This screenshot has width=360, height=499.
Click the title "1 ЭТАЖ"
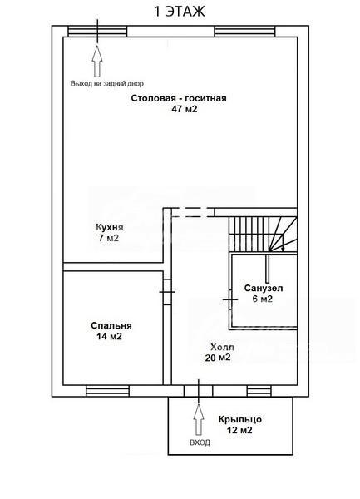click(180, 12)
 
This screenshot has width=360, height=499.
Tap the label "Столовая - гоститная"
click(179, 98)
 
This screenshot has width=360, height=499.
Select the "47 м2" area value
click(185, 109)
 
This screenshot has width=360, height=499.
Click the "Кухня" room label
click(110, 228)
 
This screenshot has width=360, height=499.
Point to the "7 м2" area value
click(109, 238)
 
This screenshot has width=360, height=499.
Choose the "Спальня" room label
click(111, 326)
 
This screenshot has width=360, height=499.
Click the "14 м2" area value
click(110, 336)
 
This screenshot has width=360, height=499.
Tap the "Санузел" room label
click(264, 289)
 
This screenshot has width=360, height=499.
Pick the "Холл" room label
click(222, 347)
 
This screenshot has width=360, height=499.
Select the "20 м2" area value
click(218, 358)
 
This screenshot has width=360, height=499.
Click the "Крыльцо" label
click(240, 420)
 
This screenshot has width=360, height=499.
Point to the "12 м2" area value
click(239, 431)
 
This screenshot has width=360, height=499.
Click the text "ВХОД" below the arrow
click(200, 442)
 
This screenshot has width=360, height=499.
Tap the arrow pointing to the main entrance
click(199, 419)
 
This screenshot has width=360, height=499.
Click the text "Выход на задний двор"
click(107, 84)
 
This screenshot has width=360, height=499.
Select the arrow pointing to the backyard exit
click(97, 61)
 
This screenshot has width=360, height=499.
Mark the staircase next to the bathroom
click(263, 234)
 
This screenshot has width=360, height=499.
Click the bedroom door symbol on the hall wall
click(167, 292)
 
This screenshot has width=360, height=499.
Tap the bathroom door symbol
click(230, 299)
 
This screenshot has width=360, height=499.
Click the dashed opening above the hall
click(193, 212)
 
